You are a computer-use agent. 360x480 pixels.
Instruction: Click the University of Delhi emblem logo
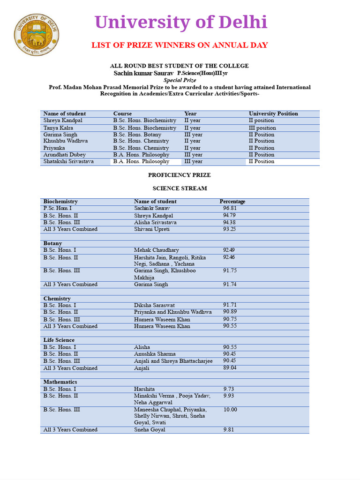click(36, 34)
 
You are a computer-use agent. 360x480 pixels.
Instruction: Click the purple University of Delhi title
click(181, 22)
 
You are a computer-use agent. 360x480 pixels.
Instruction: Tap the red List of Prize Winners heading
click(180, 45)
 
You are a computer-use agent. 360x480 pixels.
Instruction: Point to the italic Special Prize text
click(179, 80)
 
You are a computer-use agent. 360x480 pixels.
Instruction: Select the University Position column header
click(273, 113)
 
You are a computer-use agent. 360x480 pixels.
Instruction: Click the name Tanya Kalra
click(59, 128)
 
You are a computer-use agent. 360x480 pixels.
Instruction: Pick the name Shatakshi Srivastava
click(68, 161)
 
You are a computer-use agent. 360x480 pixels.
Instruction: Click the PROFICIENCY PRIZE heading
click(180, 175)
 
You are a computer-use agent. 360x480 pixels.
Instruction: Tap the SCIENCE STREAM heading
click(180, 188)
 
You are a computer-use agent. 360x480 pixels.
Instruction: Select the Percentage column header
click(232, 202)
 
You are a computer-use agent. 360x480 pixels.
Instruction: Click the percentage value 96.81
click(230, 208)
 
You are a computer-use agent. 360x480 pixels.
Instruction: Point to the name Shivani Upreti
click(152, 229)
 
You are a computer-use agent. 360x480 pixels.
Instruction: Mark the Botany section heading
click(52, 244)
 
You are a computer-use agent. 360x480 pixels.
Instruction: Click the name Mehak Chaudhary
click(157, 250)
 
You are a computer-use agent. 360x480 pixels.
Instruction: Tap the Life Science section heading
click(59, 340)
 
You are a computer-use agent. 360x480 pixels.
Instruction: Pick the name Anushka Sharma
click(155, 354)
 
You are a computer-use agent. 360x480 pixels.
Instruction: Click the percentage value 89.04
click(230, 368)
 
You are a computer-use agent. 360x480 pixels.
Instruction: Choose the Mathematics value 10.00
click(230, 409)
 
